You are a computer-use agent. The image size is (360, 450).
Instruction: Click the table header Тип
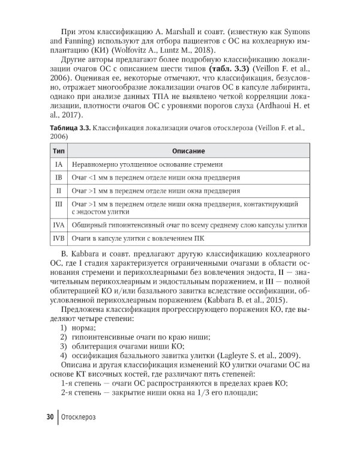[59, 151]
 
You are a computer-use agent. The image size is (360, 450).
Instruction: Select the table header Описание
[188, 151]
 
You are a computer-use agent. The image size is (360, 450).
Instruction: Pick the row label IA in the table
[59, 164]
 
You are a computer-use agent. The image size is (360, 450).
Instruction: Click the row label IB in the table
[59, 178]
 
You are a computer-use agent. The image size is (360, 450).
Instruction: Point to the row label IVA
[59, 225]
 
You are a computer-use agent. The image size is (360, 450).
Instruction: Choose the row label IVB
[59, 239]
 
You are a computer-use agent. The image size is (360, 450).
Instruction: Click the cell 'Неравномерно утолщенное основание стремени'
[147, 164]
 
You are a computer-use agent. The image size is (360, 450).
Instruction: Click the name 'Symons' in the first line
[296, 30]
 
